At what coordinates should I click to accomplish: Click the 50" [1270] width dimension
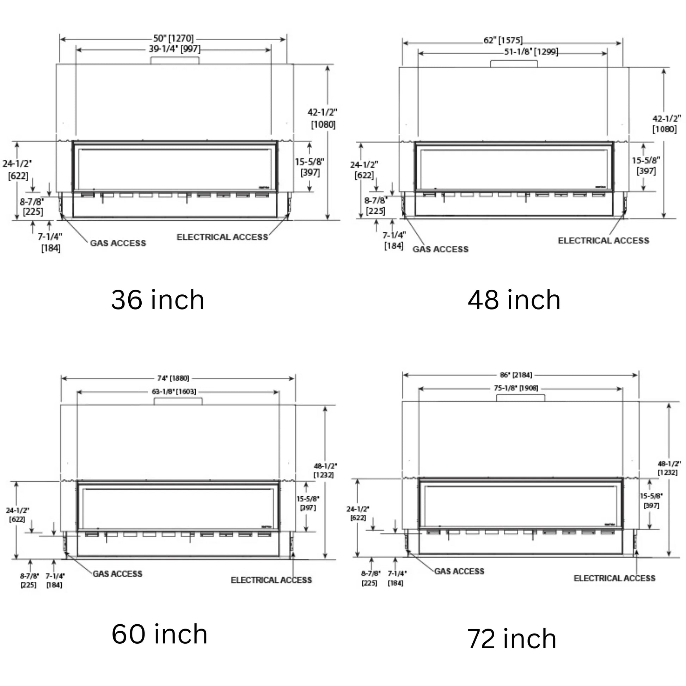coord(174,38)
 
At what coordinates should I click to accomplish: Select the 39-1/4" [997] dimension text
coord(174,49)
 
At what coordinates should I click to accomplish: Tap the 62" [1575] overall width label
coord(503,40)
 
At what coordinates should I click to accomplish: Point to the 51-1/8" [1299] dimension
coord(531,52)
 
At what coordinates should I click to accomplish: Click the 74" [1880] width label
coord(173,378)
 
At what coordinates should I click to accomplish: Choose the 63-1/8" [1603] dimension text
coord(174,392)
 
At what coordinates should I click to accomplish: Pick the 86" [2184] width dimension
coord(516,375)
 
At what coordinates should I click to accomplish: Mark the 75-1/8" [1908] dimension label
coord(516,388)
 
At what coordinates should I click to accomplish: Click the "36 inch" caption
coord(158,300)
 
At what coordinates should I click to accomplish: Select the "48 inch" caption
coord(514,300)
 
